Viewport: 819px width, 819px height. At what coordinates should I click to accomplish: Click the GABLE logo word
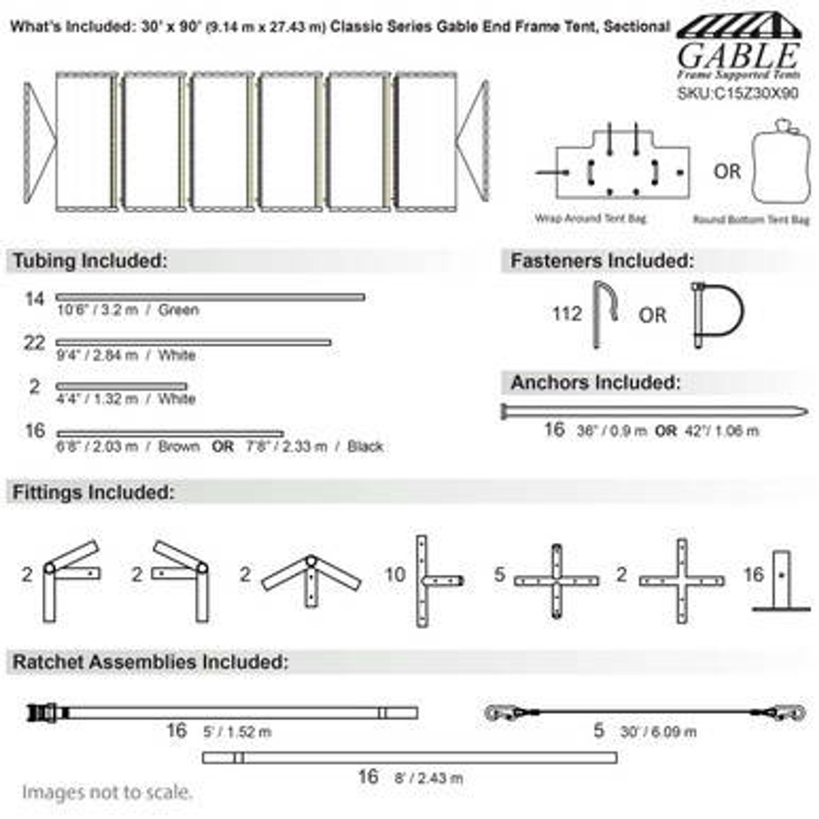[x=738, y=56]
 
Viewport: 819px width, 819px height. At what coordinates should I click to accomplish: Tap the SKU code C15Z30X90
[x=738, y=93]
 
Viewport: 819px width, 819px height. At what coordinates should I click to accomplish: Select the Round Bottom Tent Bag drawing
[x=782, y=163]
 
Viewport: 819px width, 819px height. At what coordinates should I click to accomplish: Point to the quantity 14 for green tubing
[x=34, y=299]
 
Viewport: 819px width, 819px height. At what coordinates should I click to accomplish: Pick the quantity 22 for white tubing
[x=34, y=344]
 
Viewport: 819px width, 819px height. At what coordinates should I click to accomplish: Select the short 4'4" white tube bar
[x=122, y=386]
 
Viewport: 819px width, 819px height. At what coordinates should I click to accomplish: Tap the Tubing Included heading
[x=90, y=261]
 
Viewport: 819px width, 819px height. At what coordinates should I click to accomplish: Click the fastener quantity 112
[x=567, y=314]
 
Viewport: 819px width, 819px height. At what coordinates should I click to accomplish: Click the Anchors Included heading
[x=595, y=383]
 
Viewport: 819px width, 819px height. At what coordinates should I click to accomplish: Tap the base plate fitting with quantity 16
[x=781, y=582]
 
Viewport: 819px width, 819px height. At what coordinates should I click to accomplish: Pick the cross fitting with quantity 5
[x=556, y=581]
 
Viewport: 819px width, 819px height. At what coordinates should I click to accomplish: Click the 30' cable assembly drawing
[x=644, y=712]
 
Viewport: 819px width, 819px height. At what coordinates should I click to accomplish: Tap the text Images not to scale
[x=107, y=792]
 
